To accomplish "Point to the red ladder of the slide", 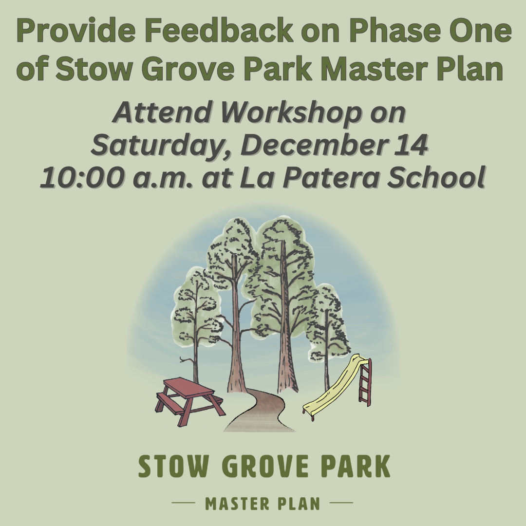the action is pos(365,382).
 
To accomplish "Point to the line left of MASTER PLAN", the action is pos(184,503).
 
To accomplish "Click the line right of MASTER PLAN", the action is pos(341,503).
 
